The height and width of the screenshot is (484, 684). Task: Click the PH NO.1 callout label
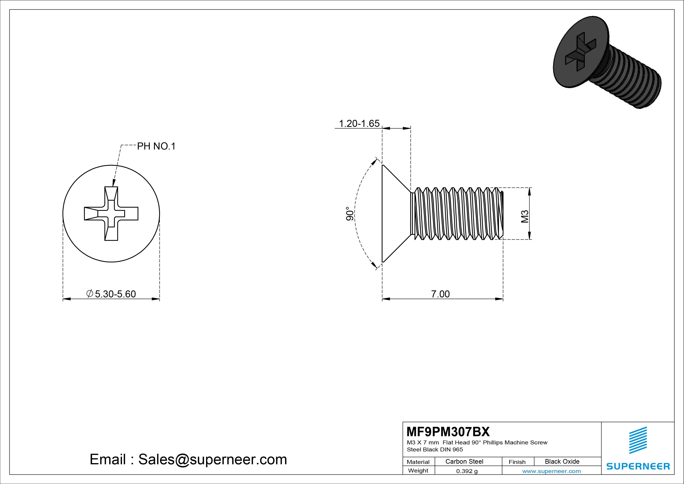pos(156,146)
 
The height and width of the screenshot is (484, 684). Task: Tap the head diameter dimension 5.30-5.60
pos(115,294)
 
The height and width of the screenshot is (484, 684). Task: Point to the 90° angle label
pos(350,214)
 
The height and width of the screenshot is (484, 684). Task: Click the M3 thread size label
pos(525,216)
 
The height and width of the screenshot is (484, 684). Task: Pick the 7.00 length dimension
pos(440,294)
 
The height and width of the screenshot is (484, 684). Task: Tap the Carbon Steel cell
pos(464,461)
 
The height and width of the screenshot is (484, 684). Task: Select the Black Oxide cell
pos(562,461)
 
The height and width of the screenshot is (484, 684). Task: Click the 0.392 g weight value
pos(467,471)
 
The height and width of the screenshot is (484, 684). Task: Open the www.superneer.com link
pos(551,471)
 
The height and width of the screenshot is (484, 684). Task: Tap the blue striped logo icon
pos(638,440)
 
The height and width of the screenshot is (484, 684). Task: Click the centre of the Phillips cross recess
pos(111,214)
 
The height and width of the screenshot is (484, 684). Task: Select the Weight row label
pos(418,471)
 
